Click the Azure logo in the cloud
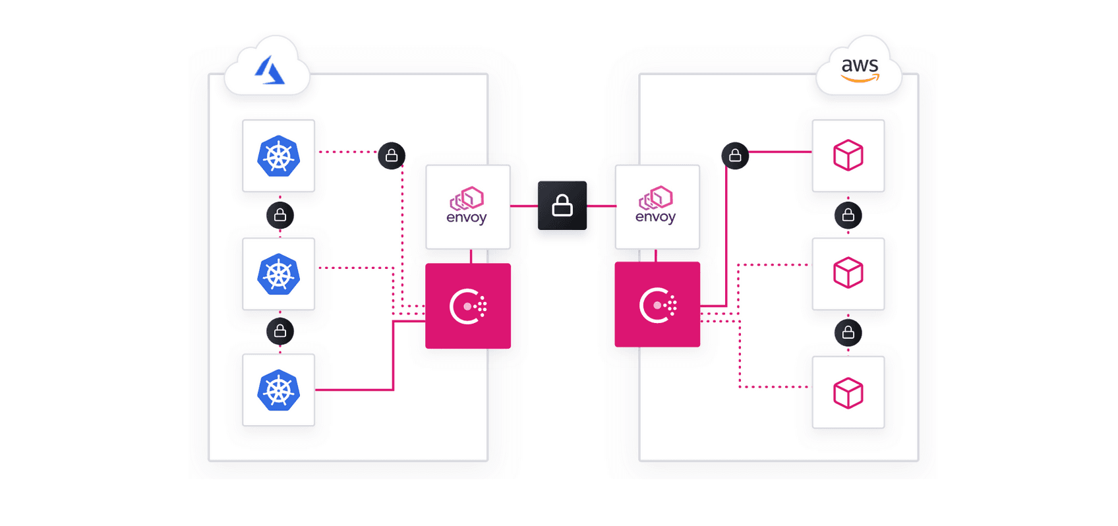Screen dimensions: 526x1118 click(269, 71)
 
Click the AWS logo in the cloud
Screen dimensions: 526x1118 click(860, 69)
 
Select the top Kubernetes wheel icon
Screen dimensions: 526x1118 click(278, 156)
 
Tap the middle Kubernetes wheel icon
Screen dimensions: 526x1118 click(278, 274)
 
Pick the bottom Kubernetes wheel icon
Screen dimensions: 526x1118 click(278, 390)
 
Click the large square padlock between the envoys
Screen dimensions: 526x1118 click(562, 206)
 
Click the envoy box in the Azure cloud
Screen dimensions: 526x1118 click(467, 207)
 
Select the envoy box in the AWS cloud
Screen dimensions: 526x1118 click(657, 207)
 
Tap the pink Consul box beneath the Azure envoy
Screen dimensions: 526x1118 click(468, 306)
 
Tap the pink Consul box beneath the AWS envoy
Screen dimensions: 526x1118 click(657, 305)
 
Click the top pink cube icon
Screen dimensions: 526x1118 click(848, 156)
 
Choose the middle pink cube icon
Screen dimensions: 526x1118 click(848, 274)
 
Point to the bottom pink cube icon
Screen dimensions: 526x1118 click(848, 393)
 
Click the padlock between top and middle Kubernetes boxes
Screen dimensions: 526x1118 click(280, 216)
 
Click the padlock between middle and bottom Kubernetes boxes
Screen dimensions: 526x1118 click(280, 332)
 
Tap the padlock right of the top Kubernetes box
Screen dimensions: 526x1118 click(392, 156)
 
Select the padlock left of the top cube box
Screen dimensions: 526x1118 click(735, 156)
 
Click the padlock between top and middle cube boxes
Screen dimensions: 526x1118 click(848, 216)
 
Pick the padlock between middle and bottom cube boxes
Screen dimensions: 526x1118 click(848, 333)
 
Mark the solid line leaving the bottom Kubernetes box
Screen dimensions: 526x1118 click(356, 390)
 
